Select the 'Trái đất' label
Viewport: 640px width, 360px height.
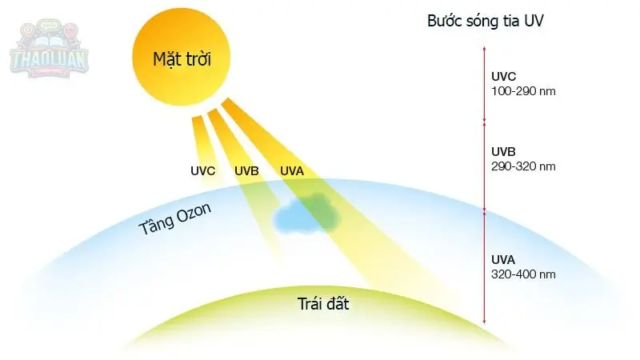click(323, 304)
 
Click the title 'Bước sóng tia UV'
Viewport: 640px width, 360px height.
click(486, 22)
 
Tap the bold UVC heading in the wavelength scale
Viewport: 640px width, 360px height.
click(504, 77)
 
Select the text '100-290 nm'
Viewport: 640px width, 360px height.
click(523, 91)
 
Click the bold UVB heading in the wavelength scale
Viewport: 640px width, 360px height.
click(504, 151)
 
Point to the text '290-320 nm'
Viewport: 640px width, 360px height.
click(523, 166)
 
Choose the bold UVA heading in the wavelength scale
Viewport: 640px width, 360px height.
click(504, 259)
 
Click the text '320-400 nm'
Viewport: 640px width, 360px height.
click(523, 274)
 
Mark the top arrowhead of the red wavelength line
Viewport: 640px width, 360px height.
click(484, 49)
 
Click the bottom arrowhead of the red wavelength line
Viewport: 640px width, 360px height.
click(484, 322)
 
